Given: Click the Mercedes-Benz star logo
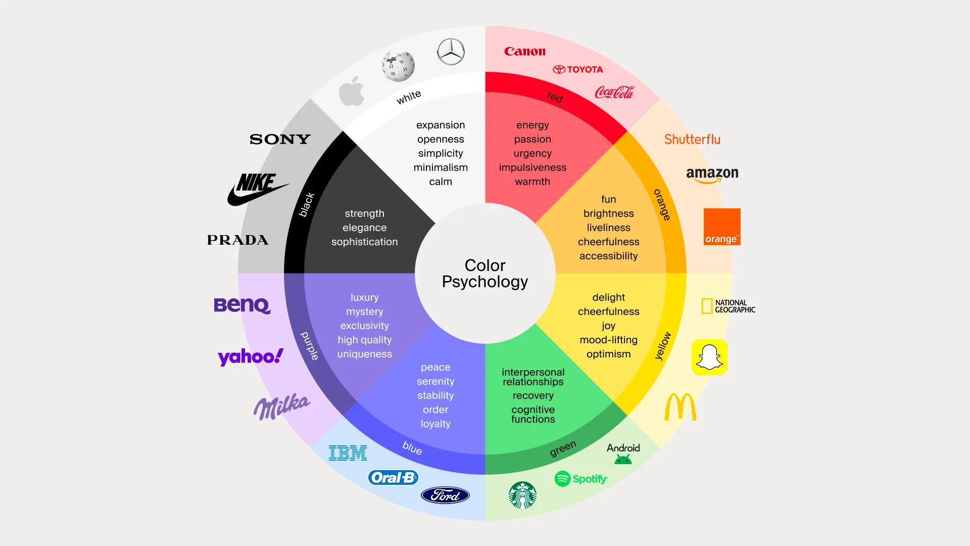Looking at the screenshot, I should pyautogui.click(x=451, y=52).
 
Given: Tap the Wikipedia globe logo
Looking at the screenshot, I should pyautogui.click(x=398, y=66).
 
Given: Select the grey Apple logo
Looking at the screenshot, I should pyautogui.click(x=352, y=92).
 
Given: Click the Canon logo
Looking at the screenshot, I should pyautogui.click(x=525, y=51).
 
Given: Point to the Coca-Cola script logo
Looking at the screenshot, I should pyautogui.click(x=614, y=92).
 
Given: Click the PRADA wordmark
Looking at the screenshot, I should pyautogui.click(x=237, y=240).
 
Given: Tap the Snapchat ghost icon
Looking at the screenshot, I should pyautogui.click(x=709, y=357).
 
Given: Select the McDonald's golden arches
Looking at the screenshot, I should pyautogui.click(x=680, y=407).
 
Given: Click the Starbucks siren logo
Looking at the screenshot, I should pyautogui.click(x=522, y=495).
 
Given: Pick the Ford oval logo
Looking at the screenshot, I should pyautogui.click(x=445, y=495).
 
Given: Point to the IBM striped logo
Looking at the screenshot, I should pyautogui.click(x=348, y=453).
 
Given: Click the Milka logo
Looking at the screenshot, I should pyautogui.click(x=281, y=406).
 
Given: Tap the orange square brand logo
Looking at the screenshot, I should pyautogui.click(x=722, y=227).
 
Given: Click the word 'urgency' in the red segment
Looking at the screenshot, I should pyautogui.click(x=532, y=153).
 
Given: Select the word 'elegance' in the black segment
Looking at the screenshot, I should pyautogui.click(x=364, y=227).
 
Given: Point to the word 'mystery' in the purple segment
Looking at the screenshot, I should pyautogui.click(x=364, y=311).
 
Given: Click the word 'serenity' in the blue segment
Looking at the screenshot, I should pyautogui.click(x=435, y=381).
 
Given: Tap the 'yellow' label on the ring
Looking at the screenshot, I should pyautogui.click(x=663, y=346).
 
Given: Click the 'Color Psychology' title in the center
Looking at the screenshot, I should pyautogui.click(x=485, y=274).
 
